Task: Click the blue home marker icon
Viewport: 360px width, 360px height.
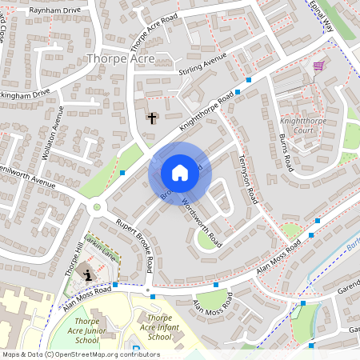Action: pos(180,173)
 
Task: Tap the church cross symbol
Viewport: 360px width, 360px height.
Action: pos(152,118)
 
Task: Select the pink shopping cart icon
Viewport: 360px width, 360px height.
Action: pos(318,66)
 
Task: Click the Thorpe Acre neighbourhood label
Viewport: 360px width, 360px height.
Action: pos(120,58)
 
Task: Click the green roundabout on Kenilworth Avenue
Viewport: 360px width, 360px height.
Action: pos(97,207)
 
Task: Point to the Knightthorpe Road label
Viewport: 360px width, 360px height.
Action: pos(206,111)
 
